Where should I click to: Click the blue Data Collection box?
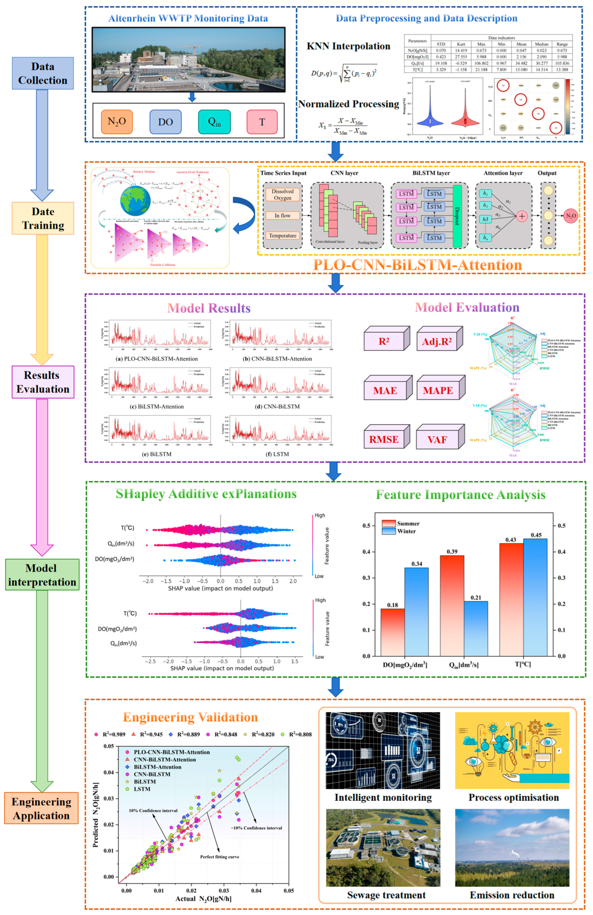tap(43, 73)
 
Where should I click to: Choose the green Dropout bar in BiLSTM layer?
tap(457, 216)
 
